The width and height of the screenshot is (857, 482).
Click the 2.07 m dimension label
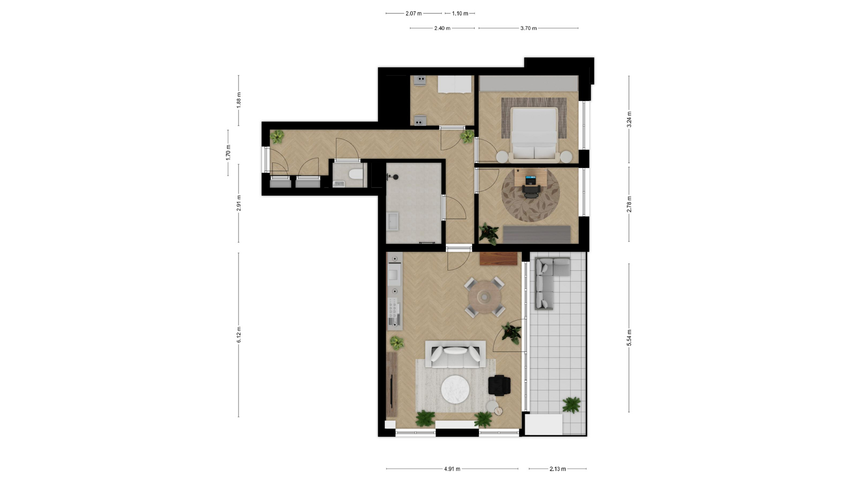pos(413,13)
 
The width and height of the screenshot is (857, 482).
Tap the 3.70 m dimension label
pos(528,28)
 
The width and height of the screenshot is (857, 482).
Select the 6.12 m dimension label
pos(239,335)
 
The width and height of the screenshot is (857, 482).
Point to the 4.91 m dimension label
pos(452,469)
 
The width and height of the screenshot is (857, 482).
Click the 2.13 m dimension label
pos(557,469)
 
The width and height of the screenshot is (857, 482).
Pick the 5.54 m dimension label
pos(629,338)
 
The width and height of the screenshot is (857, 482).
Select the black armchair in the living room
pos(499,386)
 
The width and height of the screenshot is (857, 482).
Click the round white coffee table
pos(455,390)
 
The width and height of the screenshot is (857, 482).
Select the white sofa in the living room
pos(455,354)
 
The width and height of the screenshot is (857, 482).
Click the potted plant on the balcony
pos(571,405)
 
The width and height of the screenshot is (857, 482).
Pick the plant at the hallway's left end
pos(277,137)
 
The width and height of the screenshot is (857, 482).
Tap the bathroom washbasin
pos(393,221)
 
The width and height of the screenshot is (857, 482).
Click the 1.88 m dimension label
pos(239,100)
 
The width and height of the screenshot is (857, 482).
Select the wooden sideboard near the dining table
pos(499,258)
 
